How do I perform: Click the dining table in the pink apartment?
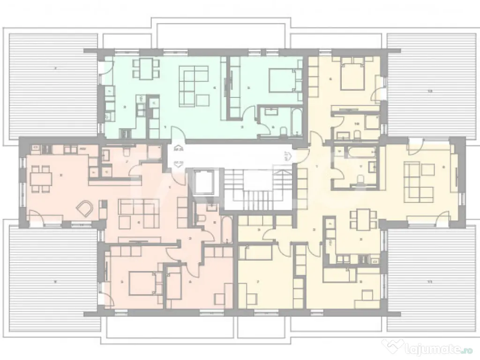click(x=39, y=179)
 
